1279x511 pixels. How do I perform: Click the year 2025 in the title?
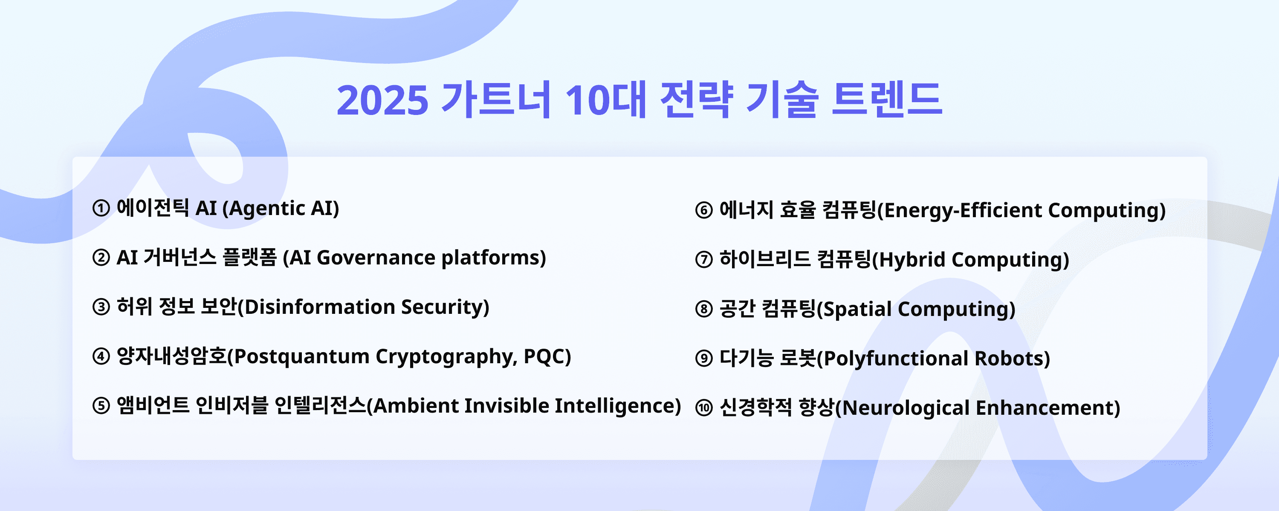click(382, 100)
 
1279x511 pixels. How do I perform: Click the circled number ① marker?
click(101, 208)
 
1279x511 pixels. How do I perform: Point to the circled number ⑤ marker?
click(101, 405)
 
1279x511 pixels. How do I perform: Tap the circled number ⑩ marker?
click(704, 408)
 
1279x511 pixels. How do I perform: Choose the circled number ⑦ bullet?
click(704, 259)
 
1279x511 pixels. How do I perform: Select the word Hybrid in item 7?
click(913, 260)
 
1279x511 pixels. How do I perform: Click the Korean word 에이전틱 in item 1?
click(153, 208)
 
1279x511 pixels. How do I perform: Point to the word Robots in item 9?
click(1010, 358)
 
